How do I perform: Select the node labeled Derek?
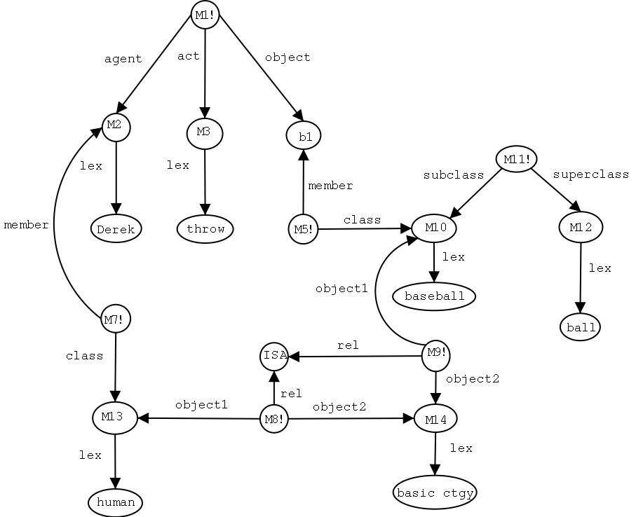(x=116, y=228)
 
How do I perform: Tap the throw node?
(x=205, y=228)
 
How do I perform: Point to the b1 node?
(x=304, y=136)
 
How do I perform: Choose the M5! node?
(x=303, y=228)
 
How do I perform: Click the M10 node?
(x=435, y=228)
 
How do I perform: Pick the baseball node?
(x=435, y=296)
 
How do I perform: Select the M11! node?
(x=517, y=160)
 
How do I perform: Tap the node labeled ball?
(x=581, y=326)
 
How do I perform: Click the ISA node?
(x=274, y=355)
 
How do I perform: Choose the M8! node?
(x=273, y=419)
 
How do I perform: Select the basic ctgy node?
(x=435, y=492)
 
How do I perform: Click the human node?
(x=116, y=502)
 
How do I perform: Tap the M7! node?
(x=116, y=319)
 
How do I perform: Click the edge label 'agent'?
(x=123, y=59)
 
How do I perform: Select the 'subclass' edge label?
(x=454, y=175)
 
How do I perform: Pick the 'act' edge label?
(x=189, y=56)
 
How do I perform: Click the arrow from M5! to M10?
(x=361, y=228)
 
